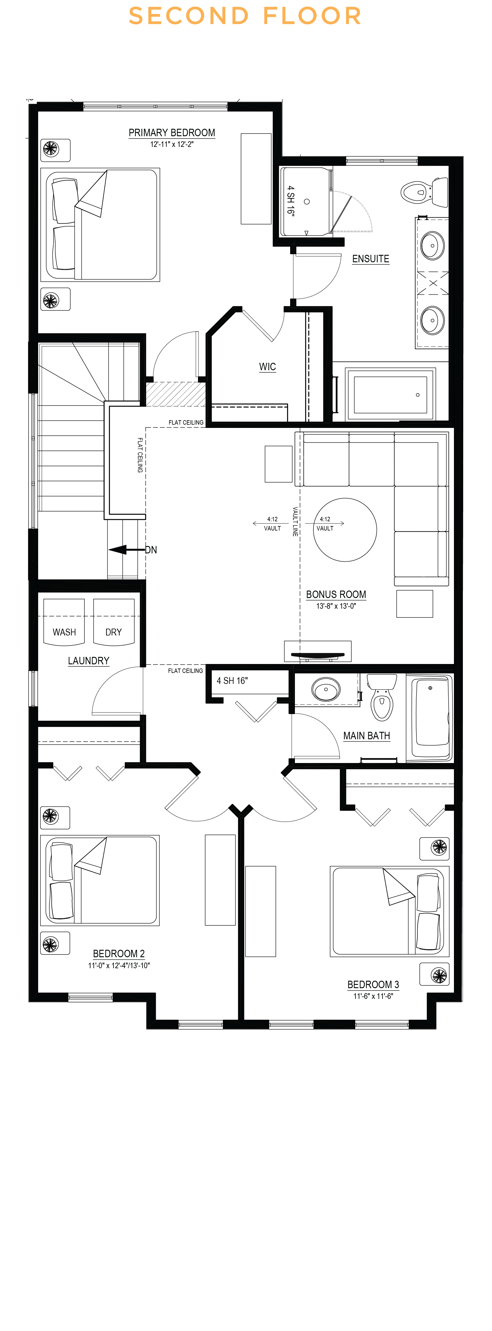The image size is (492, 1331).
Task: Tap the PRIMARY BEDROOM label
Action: (x=172, y=133)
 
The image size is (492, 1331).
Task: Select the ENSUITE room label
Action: (x=370, y=259)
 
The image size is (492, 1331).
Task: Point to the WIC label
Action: (x=267, y=367)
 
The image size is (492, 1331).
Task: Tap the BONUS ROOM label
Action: (x=336, y=595)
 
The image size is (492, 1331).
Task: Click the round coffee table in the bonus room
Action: (x=345, y=530)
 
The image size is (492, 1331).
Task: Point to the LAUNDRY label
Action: (x=88, y=661)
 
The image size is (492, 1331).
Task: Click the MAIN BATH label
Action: (x=367, y=736)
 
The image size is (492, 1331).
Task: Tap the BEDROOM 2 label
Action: (x=119, y=954)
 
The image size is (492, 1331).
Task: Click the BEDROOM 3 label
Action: (x=373, y=985)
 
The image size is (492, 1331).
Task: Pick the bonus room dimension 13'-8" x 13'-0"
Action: (x=336, y=606)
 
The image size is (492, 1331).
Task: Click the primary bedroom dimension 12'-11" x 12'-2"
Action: (x=172, y=144)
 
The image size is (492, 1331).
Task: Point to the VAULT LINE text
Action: (x=295, y=521)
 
